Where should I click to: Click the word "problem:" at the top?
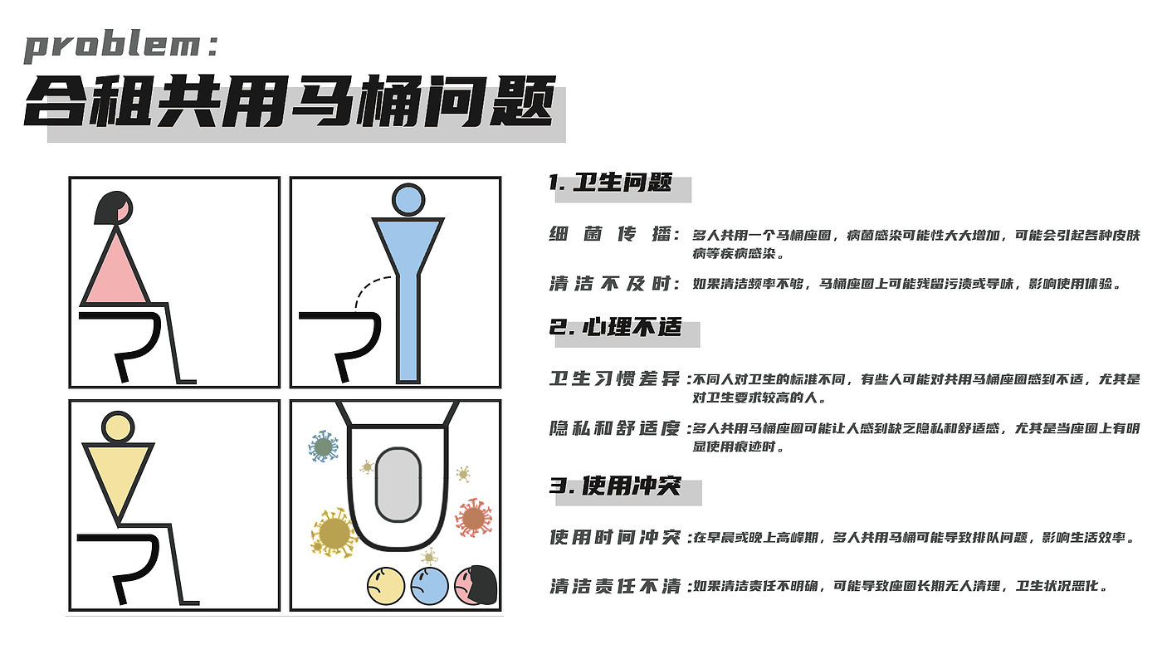[121, 46]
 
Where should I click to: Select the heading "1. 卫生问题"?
[610, 183]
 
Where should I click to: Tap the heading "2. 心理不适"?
[615, 327]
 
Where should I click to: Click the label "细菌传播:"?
[614, 235]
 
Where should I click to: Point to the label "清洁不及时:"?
[614, 284]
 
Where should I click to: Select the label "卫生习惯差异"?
[614, 380]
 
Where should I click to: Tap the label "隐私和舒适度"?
[614, 429]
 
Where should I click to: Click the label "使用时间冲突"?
[614, 538]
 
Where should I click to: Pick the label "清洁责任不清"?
[614, 587]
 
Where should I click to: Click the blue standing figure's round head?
[407, 200]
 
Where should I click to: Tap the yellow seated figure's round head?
[117, 427]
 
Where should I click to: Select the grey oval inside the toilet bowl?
[398, 486]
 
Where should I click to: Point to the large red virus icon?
[473, 518]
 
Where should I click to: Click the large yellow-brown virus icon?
[334, 532]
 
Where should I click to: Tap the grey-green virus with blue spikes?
[323, 447]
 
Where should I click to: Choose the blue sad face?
[429, 586]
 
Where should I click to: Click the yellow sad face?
[385, 586]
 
